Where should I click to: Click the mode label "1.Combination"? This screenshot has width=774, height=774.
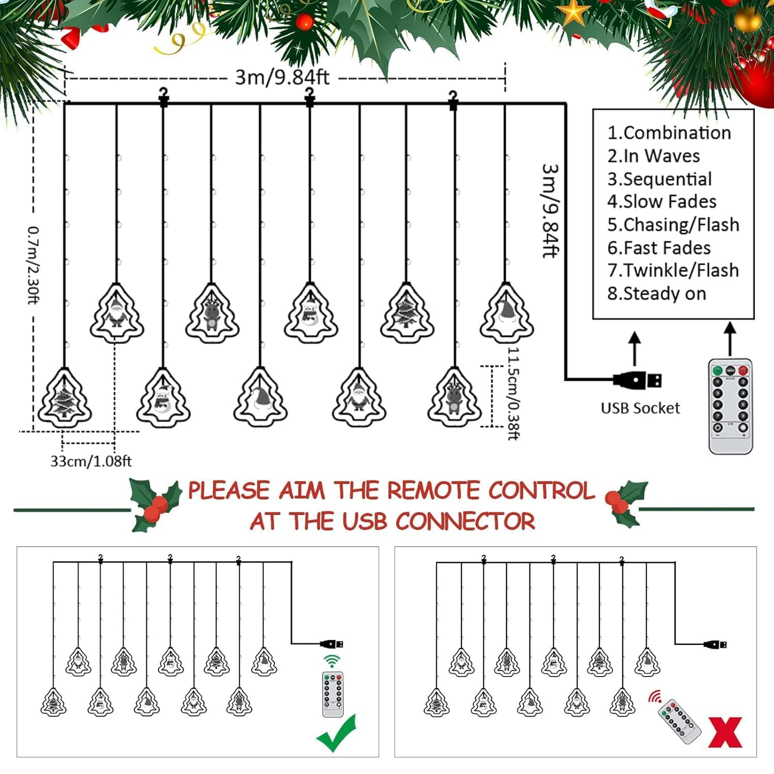tap(669, 133)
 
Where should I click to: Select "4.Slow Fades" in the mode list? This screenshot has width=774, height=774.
tap(662, 201)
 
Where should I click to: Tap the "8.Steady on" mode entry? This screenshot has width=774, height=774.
tap(656, 294)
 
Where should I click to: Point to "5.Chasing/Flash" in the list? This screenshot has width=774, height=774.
tap(673, 224)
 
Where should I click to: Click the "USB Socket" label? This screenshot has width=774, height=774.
tap(640, 408)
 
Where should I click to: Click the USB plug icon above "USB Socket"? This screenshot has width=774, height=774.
tap(638, 381)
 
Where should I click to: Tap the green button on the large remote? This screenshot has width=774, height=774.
tap(717, 370)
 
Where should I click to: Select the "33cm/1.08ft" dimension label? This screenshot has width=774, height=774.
tap(91, 461)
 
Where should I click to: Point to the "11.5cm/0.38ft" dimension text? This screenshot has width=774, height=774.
tap(513, 393)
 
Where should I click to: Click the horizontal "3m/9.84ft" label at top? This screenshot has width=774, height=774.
tap(282, 77)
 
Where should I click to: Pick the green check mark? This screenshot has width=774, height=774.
tap(336, 734)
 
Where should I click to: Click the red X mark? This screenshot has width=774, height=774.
tap(725, 733)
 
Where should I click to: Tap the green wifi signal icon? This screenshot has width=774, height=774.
tap(332, 661)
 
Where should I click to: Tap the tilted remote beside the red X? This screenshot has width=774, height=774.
tap(680, 721)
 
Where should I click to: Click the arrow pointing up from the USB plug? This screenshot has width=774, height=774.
tap(635, 348)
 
